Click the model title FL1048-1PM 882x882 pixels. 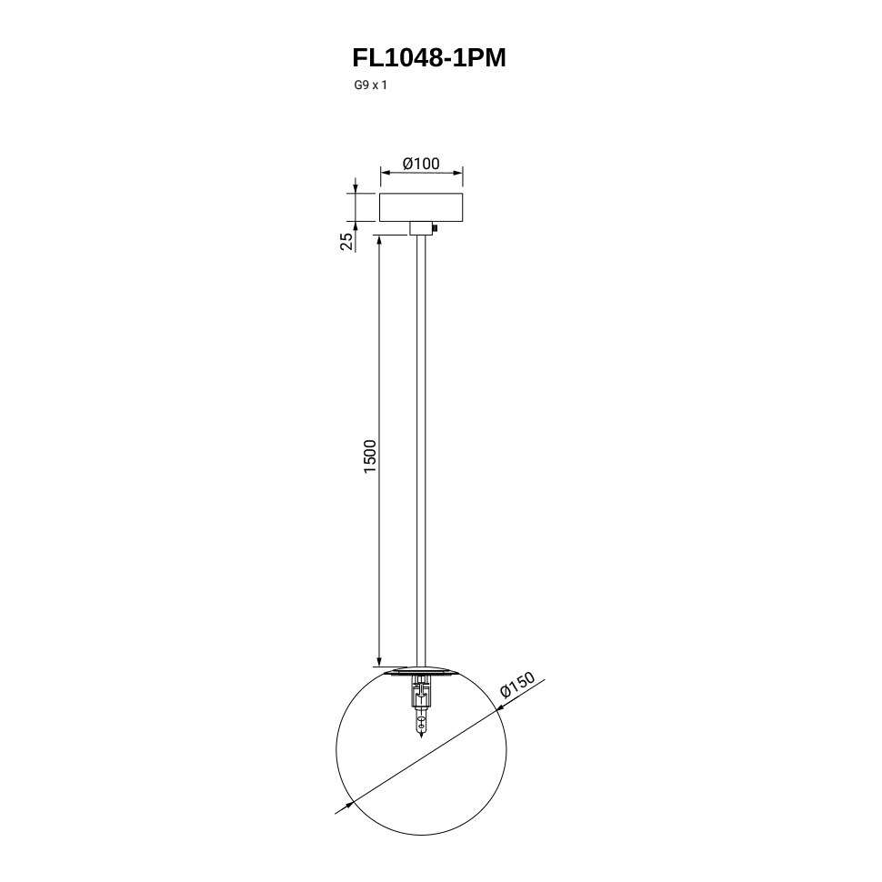tap(429, 57)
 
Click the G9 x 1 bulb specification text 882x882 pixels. tap(371, 85)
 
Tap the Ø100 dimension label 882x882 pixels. tap(421, 164)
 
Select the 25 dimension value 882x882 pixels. tap(347, 241)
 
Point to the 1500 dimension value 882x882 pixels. tap(369, 456)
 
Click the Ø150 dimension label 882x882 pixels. tap(517, 685)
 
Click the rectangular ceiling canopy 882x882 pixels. tap(421, 207)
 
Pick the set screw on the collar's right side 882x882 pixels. tap(435, 228)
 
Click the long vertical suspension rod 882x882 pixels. tap(421, 450)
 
